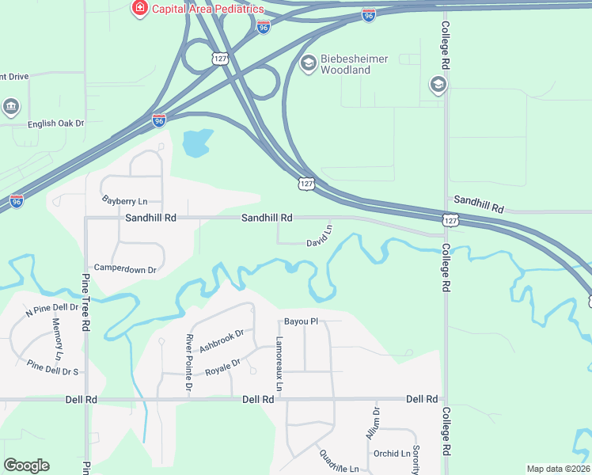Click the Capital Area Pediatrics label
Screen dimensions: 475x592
coord(207,9)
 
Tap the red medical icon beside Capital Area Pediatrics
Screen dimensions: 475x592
coord(139,8)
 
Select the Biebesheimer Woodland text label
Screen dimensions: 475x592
coord(345,64)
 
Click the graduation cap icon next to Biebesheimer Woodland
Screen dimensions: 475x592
coord(309,63)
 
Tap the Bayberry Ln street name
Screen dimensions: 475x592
coord(125,202)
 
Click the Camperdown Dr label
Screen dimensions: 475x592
coord(126,269)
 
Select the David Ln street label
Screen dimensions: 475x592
coord(320,236)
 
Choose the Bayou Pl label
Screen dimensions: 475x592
coord(301,321)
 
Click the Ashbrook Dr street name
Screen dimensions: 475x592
coord(221,340)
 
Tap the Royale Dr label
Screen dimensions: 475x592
coord(222,368)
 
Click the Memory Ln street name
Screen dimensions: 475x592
coord(57,336)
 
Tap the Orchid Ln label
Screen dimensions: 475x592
coord(393,454)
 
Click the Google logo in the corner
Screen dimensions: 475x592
coord(26,465)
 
